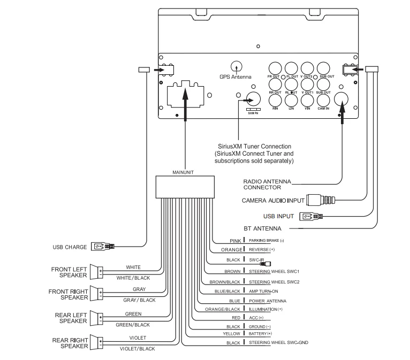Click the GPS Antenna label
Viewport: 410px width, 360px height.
236,77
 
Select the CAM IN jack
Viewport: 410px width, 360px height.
323,100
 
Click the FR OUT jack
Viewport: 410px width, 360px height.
275,68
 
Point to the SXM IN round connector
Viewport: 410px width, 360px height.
253,99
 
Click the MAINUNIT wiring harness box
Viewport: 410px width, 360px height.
185,187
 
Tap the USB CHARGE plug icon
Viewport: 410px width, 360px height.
103,247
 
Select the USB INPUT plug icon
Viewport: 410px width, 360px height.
311,216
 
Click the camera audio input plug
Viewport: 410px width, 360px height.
321,201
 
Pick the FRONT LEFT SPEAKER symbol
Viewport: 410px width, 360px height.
96,272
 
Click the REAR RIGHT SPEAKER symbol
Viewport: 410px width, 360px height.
96,342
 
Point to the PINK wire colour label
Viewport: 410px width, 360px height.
236,241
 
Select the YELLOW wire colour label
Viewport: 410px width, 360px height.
231,334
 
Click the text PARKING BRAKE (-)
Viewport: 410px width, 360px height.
267,240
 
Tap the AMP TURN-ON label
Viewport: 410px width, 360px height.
263,292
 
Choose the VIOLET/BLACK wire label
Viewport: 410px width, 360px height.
137,349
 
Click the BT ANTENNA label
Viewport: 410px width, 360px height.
262,228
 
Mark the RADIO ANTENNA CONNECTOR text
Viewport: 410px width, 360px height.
267,185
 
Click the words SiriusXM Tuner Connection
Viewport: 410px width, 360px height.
254,146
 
